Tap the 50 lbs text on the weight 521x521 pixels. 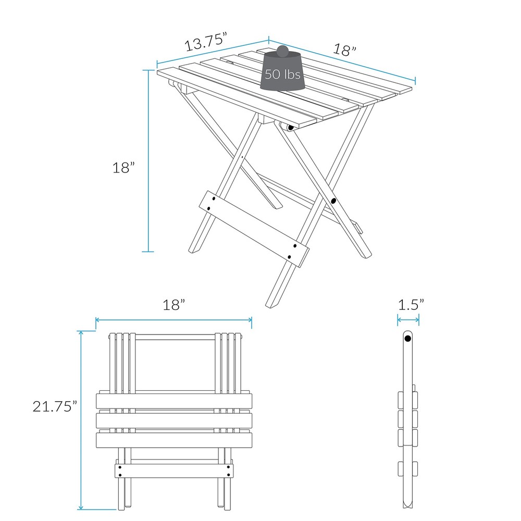(x=282, y=74)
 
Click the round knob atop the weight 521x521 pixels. (x=282, y=51)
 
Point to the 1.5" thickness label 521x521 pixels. (x=411, y=305)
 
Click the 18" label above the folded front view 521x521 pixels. (x=174, y=305)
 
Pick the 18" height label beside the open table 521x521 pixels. (x=123, y=168)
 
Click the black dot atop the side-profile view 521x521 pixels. (x=408, y=338)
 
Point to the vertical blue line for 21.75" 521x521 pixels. (x=81, y=420)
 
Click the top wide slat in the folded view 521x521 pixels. (x=174, y=401)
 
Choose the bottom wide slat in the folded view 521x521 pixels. (x=174, y=440)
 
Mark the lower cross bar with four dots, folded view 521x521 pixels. (x=174, y=471)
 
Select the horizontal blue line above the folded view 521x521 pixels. (x=174, y=320)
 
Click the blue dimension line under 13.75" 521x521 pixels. (x=213, y=53)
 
